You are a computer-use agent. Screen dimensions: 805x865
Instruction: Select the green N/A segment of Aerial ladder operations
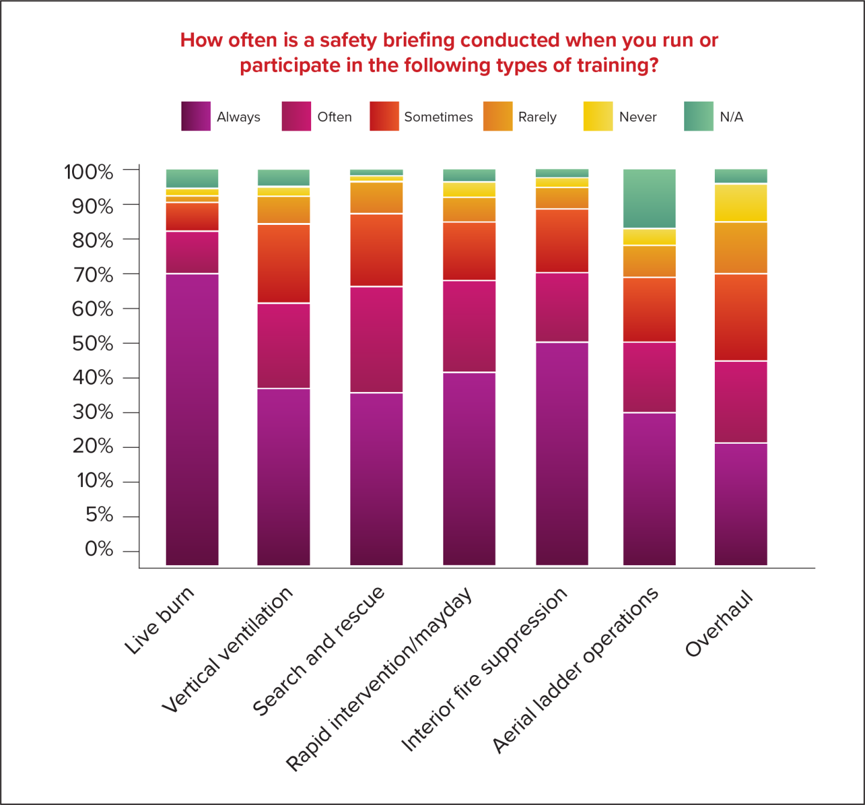[x=649, y=198]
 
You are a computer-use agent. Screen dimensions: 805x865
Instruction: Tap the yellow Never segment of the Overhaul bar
[x=741, y=203]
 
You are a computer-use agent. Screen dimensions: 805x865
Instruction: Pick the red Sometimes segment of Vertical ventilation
[x=284, y=263]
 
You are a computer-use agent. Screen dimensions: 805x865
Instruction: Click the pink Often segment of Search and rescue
[x=377, y=340]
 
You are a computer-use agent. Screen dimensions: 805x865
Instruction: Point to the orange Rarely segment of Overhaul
[x=741, y=248]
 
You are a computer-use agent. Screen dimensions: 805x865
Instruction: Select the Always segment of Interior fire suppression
[x=562, y=453]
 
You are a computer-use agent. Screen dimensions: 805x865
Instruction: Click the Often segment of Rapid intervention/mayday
[x=469, y=326]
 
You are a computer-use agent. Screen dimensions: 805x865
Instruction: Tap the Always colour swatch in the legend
[x=196, y=116]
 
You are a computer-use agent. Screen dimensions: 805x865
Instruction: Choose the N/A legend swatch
[x=699, y=116]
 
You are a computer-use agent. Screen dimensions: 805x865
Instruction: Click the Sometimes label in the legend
[x=438, y=117]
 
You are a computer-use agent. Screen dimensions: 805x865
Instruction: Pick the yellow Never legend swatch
[x=598, y=116]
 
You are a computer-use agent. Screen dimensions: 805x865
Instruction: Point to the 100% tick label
[x=89, y=172]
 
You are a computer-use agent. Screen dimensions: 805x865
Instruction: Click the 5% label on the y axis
[x=99, y=515]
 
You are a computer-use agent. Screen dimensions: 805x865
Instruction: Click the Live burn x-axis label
[x=160, y=620]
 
